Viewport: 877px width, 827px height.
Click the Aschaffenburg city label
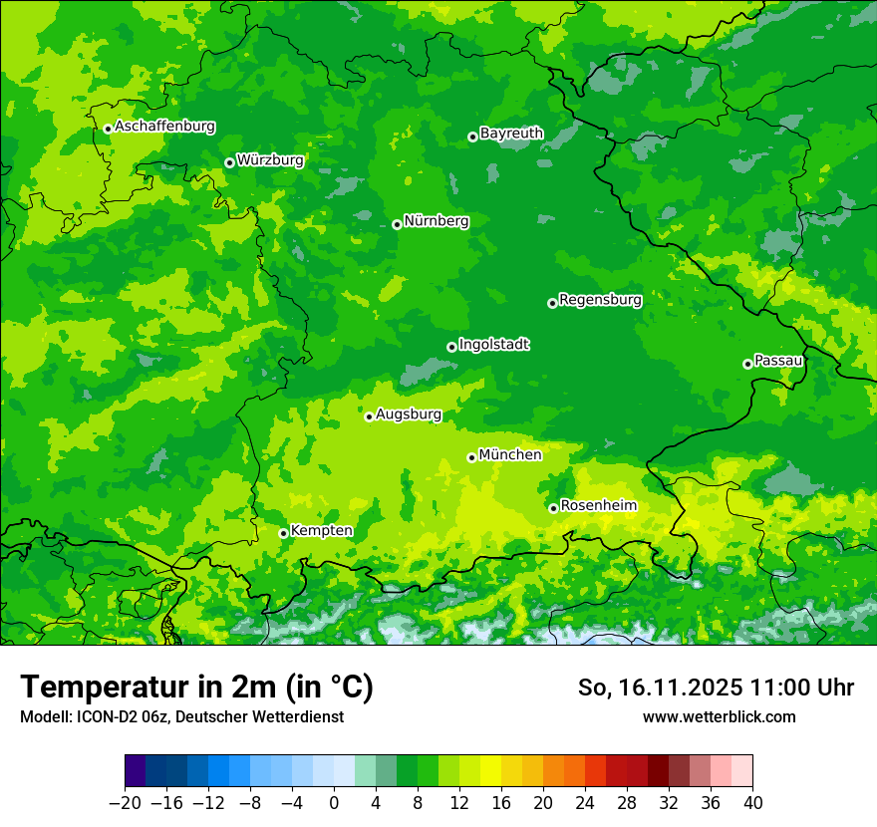point(164,127)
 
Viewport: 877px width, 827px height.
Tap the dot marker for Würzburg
point(229,162)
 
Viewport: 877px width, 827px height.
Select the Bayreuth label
point(511,133)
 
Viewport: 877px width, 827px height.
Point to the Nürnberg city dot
point(397,224)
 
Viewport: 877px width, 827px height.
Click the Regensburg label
point(600,299)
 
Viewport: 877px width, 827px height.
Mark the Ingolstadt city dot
point(451,348)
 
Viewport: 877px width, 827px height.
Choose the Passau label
point(778,360)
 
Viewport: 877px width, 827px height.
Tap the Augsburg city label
point(409,413)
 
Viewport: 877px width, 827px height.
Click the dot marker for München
point(471,457)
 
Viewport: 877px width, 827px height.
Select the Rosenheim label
point(598,505)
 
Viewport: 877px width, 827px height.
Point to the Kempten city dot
point(283,533)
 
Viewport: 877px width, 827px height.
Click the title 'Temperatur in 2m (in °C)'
point(196,688)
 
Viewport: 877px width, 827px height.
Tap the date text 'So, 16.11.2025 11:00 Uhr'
point(716,688)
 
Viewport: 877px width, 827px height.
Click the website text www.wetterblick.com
point(719,716)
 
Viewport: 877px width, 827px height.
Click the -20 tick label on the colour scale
point(125,803)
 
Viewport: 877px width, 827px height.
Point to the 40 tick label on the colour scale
point(752,803)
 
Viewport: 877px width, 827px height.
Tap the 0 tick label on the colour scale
point(334,803)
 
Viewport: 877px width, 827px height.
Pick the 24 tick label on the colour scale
point(585,803)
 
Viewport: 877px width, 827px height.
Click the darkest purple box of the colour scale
point(136,771)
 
